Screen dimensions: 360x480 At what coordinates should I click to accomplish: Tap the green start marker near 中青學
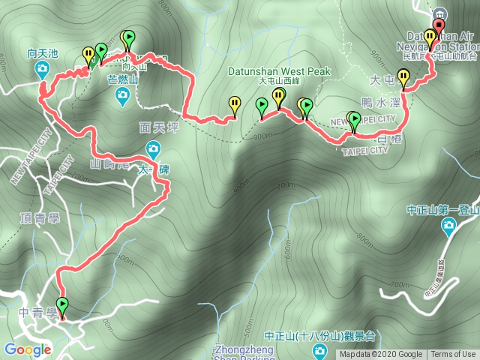pos(61,305)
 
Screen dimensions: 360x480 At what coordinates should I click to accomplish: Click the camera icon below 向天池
pos(43,70)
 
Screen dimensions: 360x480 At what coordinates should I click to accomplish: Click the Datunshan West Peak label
pos(278,71)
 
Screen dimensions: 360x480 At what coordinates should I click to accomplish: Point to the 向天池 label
pos(42,54)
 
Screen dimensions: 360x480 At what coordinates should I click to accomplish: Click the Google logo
pos(27,349)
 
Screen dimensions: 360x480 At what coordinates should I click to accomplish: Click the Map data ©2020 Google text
pos(380,355)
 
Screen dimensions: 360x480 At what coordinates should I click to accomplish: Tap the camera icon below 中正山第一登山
pos(448,226)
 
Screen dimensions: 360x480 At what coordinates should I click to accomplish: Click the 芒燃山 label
pos(123,79)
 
